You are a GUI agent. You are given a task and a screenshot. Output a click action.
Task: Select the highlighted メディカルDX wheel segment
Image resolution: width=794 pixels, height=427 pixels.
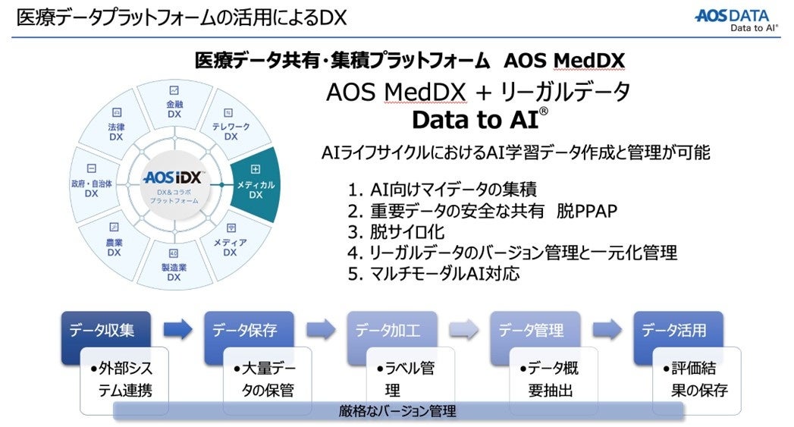tap(256, 184)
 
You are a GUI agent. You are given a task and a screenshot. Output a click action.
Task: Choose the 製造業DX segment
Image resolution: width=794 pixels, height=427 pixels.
tap(174, 265)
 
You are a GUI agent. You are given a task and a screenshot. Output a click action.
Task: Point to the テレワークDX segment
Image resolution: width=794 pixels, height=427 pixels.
tap(231, 130)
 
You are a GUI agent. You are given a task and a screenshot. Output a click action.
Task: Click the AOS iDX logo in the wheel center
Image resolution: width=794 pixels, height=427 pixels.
tap(174, 180)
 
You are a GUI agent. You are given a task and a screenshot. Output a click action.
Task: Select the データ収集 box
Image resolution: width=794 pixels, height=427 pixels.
tap(106, 331)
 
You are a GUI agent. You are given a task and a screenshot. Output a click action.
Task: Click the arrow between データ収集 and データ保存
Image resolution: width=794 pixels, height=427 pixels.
tap(177, 329)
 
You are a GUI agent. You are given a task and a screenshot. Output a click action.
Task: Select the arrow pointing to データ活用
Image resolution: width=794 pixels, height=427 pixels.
tap(607, 329)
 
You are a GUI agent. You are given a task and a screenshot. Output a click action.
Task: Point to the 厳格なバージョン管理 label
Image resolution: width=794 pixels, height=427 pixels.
tap(397, 412)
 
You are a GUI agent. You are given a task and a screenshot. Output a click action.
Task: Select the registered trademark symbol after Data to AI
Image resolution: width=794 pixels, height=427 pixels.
tap(543, 111)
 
